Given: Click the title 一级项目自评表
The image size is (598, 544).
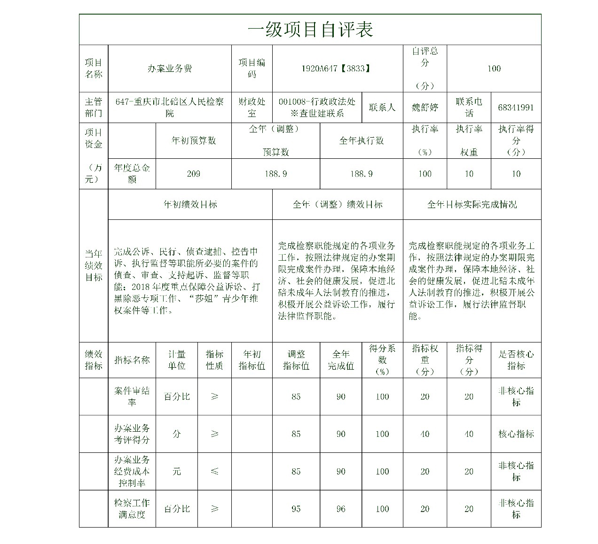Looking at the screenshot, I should pos(310,30).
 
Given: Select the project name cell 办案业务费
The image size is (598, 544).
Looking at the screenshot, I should pos(170,69).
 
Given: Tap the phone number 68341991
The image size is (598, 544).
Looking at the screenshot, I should pos(516,108).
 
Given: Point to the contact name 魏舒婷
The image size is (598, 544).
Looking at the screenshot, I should pos(425,108).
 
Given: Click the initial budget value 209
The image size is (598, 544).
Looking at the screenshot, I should pos(193,174).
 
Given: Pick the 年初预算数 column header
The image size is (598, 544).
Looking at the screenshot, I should pos(193,140).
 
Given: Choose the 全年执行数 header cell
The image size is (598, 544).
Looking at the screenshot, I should pos(361,140).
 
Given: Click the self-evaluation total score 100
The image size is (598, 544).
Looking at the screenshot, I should pos(494,69).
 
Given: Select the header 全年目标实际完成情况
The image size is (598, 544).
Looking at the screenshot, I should pos(472,204).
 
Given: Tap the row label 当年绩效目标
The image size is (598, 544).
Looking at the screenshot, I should pos(94,265).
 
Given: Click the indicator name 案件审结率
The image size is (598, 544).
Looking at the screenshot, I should pos(132,396).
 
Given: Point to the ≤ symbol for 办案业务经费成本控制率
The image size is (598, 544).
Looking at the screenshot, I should pos(214,471).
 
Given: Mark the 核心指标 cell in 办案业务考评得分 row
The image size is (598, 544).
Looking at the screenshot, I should pos(516,434).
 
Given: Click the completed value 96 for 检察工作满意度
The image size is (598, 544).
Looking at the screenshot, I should pos(341,509).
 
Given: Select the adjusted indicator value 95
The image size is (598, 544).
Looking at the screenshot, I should pos(296,509).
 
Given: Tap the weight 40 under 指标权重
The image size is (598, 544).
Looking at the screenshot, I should pos(425,434).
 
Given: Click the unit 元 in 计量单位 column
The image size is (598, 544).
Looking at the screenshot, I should pos(176,471).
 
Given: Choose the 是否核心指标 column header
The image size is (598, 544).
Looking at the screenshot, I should pos(516,360).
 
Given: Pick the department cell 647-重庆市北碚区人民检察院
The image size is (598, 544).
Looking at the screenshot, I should pos(170,108).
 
